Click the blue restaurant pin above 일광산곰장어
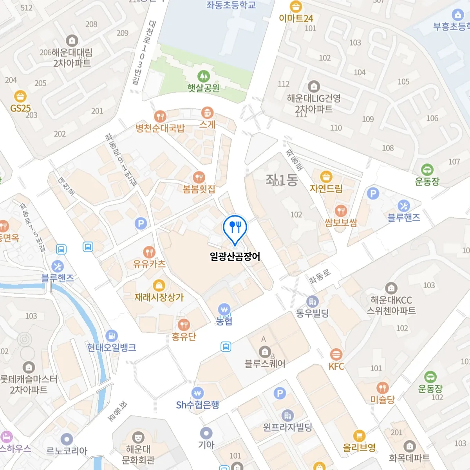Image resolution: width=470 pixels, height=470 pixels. click(x=235, y=227)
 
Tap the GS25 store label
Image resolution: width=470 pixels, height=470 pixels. click(x=20, y=108)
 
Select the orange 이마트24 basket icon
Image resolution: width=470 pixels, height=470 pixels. click(x=296, y=7)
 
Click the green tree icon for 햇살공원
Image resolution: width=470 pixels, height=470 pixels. click(x=203, y=76)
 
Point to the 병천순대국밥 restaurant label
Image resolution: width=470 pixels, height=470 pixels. click(x=160, y=128)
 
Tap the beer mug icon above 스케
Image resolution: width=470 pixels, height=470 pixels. click(x=207, y=113)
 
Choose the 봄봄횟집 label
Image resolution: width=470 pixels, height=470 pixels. click(x=199, y=189)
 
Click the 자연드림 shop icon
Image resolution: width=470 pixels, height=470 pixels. click(x=326, y=177)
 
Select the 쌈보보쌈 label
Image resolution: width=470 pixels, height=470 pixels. click(x=341, y=223)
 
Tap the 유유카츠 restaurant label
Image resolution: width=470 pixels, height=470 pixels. click(x=149, y=264)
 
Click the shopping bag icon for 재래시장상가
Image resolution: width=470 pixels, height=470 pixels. click(x=159, y=285)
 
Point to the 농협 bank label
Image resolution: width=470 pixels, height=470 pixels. click(x=224, y=321)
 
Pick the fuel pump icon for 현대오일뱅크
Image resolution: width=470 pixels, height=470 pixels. click(x=112, y=336)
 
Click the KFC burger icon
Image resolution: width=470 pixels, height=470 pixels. click(x=336, y=355)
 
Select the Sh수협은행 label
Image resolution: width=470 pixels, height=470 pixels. click(x=197, y=405)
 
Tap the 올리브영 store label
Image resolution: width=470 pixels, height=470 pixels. click(x=359, y=447)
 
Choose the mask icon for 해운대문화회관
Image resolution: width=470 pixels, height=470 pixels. click(x=138, y=437)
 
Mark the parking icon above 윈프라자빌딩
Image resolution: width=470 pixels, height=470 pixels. click(x=280, y=393)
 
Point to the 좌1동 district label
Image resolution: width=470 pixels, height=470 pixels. click(x=282, y=180)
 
